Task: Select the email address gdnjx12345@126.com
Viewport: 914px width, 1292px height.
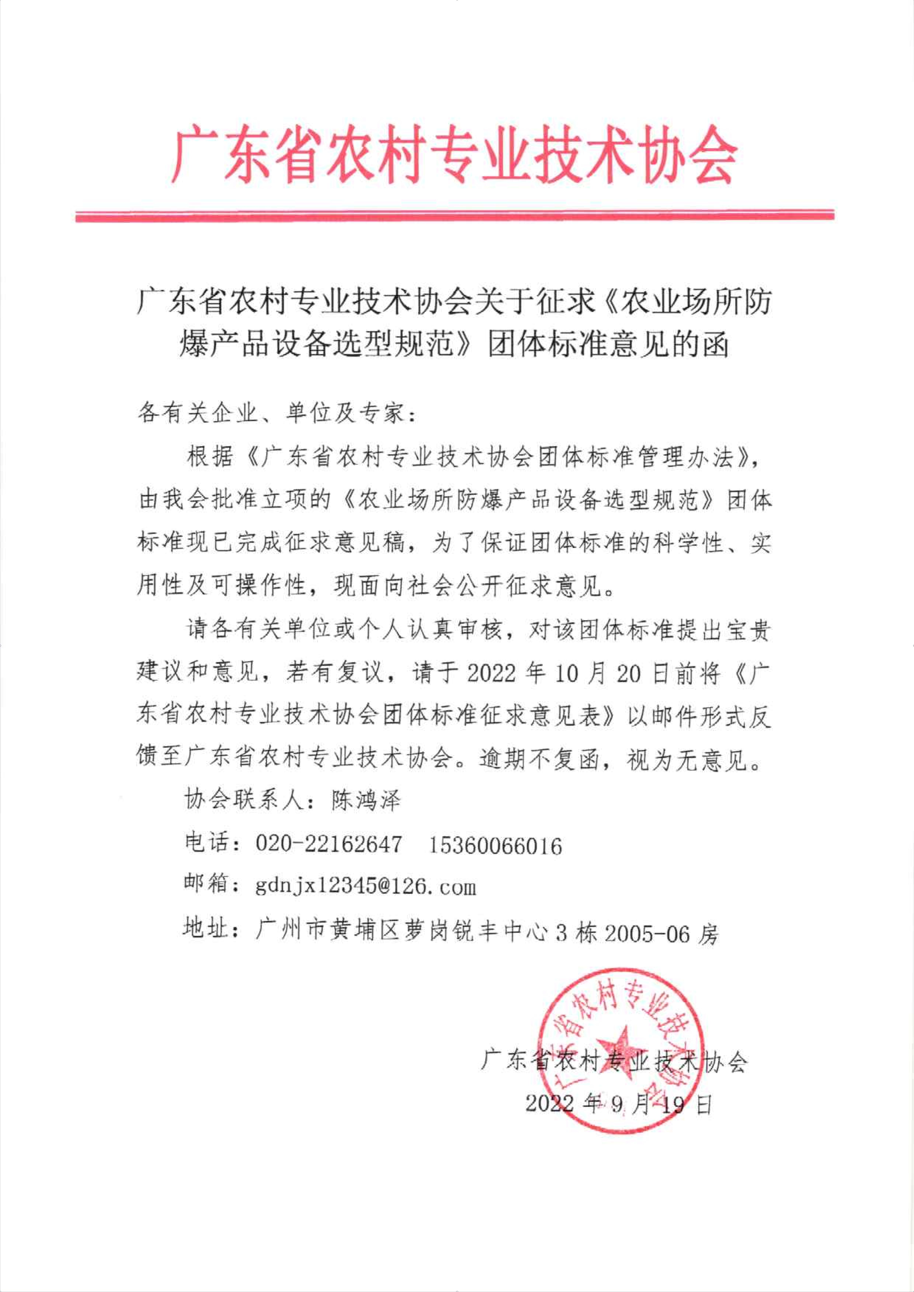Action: pyautogui.click(x=366, y=887)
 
